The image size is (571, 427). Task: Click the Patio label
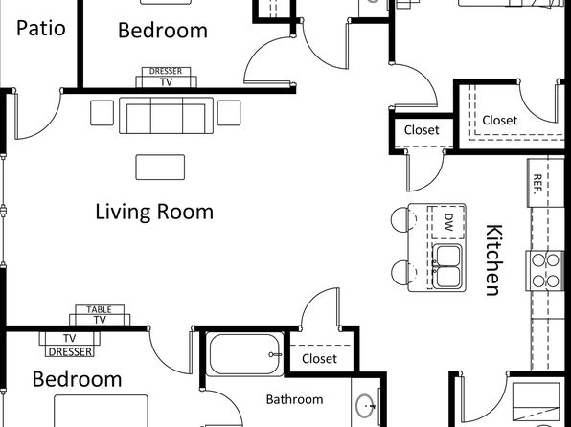(x=41, y=28)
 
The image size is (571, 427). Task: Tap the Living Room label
(x=154, y=212)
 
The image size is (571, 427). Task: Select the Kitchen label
(x=494, y=259)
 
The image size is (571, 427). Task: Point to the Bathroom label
(x=294, y=399)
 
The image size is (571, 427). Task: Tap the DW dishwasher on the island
(x=448, y=222)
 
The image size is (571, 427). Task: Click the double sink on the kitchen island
(x=447, y=266)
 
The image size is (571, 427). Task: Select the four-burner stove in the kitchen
(x=545, y=271)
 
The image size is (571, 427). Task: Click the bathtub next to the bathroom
(x=244, y=354)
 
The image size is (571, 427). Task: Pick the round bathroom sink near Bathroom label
(x=365, y=406)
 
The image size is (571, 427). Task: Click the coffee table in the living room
(x=160, y=168)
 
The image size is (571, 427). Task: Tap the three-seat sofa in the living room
(x=167, y=116)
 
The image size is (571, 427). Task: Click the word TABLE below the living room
(x=99, y=310)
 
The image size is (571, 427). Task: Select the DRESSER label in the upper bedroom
(x=166, y=72)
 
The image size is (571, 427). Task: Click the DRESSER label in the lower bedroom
(x=70, y=351)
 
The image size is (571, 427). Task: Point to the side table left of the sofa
(x=102, y=113)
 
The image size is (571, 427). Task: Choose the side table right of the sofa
(x=229, y=113)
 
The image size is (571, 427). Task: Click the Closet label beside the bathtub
(x=319, y=359)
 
